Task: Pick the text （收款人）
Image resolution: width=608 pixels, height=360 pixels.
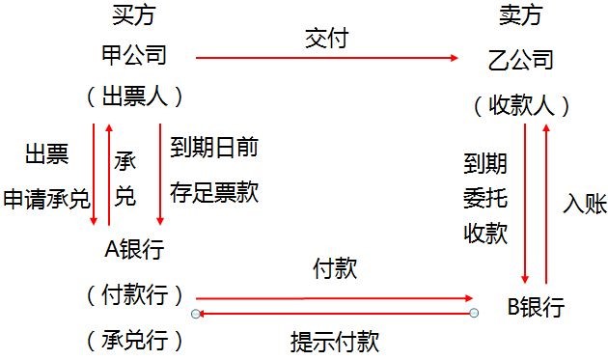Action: click(x=522, y=104)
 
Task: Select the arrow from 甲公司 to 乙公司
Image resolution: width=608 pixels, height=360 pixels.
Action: click(x=327, y=58)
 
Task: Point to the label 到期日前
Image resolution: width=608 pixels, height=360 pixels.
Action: click(x=213, y=147)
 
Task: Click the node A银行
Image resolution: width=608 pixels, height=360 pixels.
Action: click(x=134, y=248)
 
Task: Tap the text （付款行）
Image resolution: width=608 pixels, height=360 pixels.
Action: click(x=135, y=294)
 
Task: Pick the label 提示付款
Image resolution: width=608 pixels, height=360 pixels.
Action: click(x=335, y=340)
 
